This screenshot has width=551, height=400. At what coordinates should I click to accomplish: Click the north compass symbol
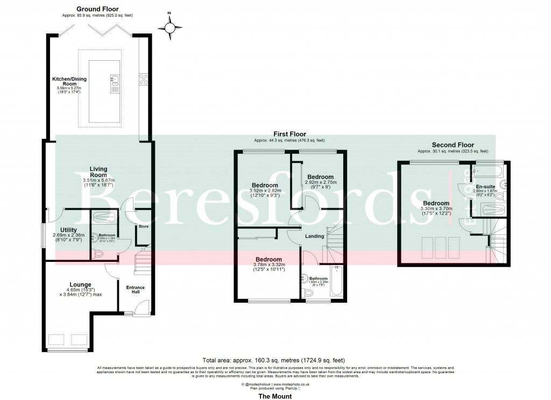tap(171, 26)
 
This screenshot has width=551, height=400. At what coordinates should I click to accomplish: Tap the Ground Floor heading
tap(97, 9)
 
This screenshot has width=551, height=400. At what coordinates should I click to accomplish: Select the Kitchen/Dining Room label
tap(69, 82)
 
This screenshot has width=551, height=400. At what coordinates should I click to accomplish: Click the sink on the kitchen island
tap(115, 80)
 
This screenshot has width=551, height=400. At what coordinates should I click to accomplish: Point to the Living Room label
tap(98, 172)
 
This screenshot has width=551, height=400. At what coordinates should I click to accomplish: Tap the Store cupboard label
tap(143, 226)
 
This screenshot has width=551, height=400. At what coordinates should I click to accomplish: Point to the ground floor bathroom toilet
tap(98, 253)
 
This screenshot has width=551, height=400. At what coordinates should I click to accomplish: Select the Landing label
tap(315, 236)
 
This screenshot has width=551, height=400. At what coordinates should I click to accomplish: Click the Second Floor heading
tap(453, 145)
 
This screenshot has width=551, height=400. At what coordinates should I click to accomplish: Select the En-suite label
tap(486, 186)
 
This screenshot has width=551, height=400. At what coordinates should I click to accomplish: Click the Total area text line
tap(273, 360)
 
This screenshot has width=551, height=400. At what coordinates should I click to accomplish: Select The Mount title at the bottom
tap(275, 396)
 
